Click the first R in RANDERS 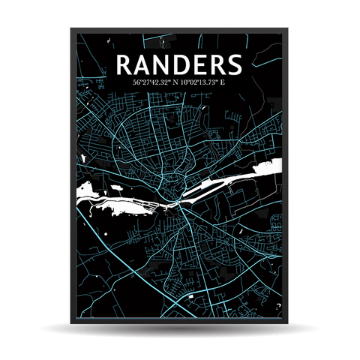coord(126,65)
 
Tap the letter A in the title coord(144,65)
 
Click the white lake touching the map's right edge coord(266,169)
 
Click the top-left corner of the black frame coord(72,29)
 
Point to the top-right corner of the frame coord(288,29)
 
